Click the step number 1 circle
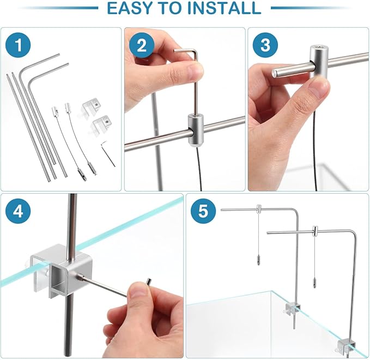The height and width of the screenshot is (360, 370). point(18,45)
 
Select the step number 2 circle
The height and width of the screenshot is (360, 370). point(142,45)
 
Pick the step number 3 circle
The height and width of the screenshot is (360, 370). point(265,45)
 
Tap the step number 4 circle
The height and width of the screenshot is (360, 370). point(18,211)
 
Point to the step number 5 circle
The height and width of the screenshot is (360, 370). point(203,211)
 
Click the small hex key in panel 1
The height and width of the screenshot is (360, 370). point(108,153)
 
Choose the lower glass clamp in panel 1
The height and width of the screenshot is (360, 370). point(101,124)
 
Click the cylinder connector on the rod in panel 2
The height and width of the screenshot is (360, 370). point(196,130)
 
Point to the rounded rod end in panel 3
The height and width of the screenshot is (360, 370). point(275,73)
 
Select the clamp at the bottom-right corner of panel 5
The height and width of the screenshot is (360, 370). point(347,347)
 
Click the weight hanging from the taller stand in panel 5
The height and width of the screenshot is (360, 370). point(259,260)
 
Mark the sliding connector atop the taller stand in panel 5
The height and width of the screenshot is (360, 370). point(259,209)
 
